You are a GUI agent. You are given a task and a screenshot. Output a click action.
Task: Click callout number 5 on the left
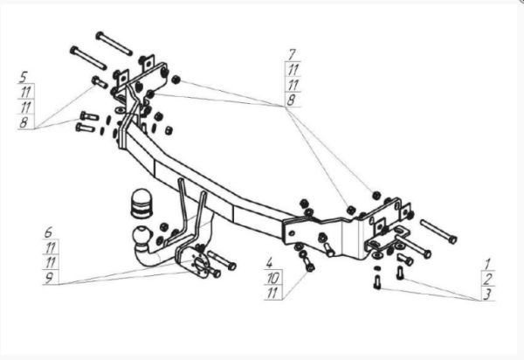click(x=24, y=76)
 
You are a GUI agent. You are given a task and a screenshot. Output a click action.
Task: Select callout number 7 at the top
click(x=291, y=54)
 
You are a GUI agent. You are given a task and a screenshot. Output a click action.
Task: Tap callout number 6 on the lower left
click(x=50, y=232)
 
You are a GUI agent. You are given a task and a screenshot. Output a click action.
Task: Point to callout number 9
click(x=50, y=278)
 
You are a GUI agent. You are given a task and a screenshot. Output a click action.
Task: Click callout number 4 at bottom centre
click(x=271, y=262)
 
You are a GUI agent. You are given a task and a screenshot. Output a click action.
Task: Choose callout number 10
click(x=272, y=277)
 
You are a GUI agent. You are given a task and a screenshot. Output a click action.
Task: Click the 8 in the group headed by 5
click(x=24, y=122)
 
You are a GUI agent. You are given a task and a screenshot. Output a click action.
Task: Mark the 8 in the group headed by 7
click(x=291, y=100)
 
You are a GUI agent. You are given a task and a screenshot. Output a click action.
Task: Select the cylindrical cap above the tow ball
click(x=140, y=204)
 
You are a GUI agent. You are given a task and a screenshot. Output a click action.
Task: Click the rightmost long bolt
click(x=438, y=232)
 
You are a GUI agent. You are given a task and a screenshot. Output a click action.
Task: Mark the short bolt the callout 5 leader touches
click(x=97, y=83)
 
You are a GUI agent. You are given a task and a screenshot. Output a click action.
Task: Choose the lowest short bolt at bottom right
click(x=376, y=281)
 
